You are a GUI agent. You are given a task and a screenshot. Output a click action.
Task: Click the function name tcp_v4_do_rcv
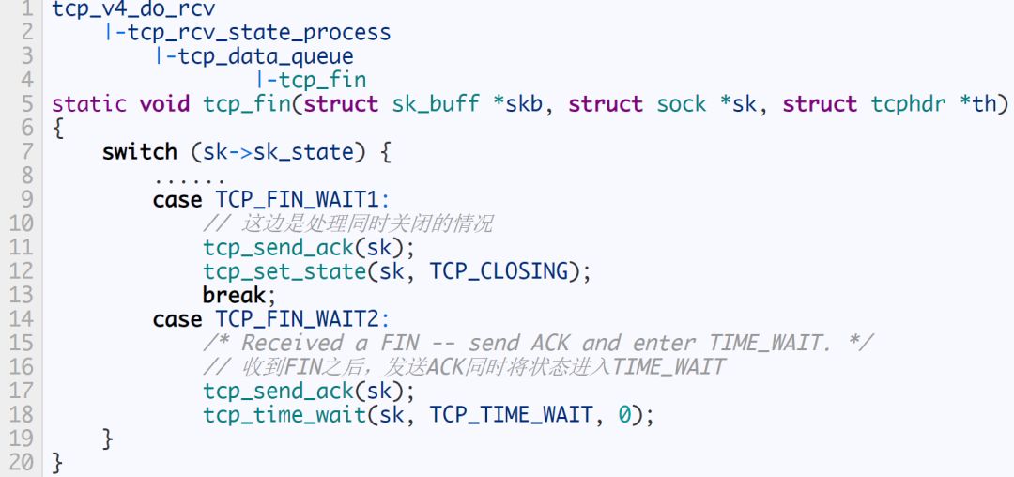(x=133, y=10)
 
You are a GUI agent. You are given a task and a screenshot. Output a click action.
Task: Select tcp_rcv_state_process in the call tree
(x=253, y=34)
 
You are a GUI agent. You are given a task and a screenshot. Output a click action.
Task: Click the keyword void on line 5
(x=164, y=104)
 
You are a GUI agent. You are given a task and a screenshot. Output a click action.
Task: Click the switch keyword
(x=140, y=152)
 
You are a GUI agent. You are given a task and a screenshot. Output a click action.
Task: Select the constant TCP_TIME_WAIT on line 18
(x=512, y=415)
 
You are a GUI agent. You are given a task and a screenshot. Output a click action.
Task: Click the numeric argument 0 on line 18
(x=624, y=415)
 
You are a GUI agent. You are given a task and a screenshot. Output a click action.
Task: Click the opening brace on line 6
(x=57, y=129)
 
